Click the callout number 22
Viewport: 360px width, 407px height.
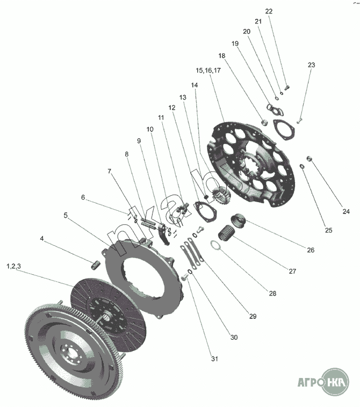269,11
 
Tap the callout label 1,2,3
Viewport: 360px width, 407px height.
14,266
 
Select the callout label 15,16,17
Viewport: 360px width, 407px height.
208,70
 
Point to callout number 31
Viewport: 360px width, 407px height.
214,359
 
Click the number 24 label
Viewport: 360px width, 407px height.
346,211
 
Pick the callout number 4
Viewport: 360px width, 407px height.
42,239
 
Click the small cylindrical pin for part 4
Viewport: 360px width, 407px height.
96,265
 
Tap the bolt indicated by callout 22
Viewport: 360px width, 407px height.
287,88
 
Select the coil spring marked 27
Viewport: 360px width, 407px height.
226,232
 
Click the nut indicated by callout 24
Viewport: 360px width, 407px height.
309,158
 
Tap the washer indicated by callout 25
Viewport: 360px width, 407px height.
302,166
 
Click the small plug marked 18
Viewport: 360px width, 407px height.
264,122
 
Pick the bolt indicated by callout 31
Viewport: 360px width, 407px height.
184,277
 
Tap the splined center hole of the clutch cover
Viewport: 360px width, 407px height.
248,163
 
